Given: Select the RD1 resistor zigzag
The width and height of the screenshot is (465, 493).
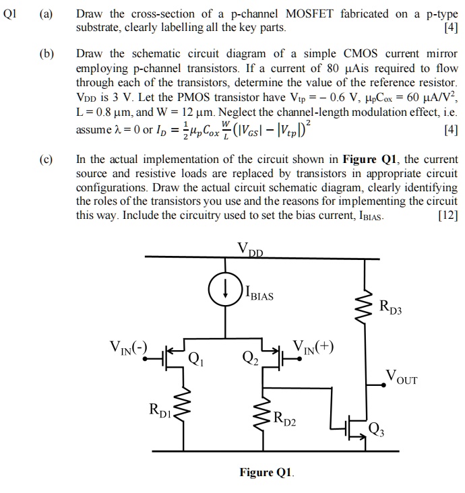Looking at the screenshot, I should coord(181,407).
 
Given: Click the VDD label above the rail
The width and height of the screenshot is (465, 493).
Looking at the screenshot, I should coord(250,247).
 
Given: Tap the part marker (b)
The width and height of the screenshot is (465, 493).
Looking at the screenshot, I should coord(49,53).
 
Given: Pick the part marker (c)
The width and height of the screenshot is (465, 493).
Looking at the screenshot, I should coord(49,159).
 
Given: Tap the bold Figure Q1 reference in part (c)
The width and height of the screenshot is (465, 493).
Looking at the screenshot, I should coord(367,160).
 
